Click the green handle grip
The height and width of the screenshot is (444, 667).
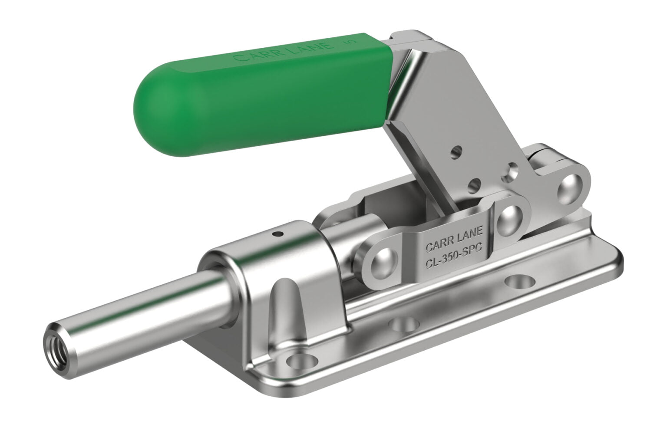262,95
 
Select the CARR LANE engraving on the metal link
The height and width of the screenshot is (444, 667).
454,237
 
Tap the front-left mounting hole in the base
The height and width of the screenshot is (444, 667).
301,361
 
